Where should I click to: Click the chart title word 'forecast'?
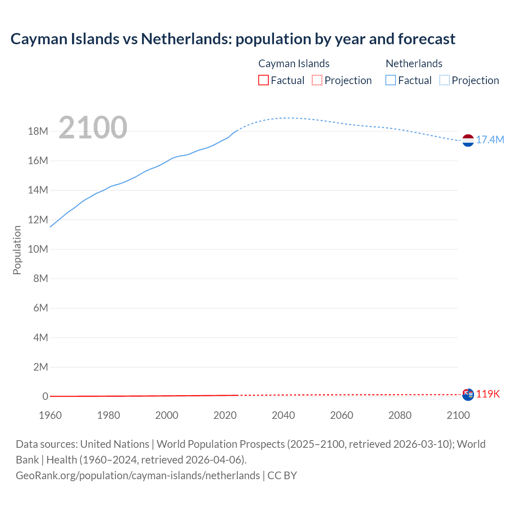point(426,39)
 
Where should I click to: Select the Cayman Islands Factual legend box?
point(264,80)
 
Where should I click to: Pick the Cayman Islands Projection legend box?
point(317,80)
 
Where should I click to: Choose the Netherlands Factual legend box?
point(391,80)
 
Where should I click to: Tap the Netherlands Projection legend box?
point(444,80)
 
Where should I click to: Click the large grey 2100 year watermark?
point(93,128)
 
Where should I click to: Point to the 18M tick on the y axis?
point(38,132)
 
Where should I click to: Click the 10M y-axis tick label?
point(38,249)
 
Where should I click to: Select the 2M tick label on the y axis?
point(40,367)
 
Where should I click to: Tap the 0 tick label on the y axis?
point(45,396)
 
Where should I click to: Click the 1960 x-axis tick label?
point(50,415)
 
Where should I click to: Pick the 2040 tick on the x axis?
point(283,415)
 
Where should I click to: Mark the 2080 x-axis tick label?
point(400,415)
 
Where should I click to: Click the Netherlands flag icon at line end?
point(468,140)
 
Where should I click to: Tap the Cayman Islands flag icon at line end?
point(468,394)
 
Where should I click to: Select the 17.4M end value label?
point(490,140)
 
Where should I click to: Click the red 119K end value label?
point(488,394)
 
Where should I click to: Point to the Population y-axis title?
point(17,250)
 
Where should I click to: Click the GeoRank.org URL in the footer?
point(138,476)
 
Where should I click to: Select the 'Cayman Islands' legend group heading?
point(294,64)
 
